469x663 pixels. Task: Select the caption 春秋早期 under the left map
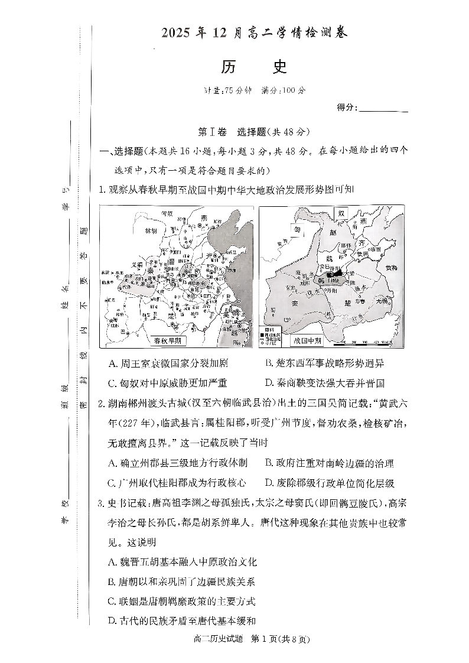click(x=167, y=341)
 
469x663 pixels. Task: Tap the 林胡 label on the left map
click(x=144, y=232)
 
